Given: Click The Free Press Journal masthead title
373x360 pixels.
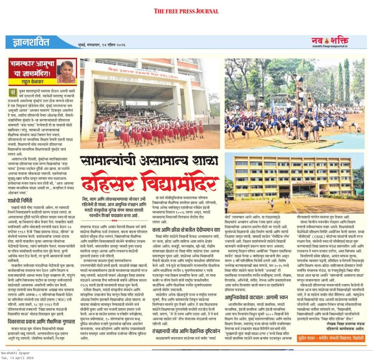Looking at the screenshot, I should (x=186, y=11).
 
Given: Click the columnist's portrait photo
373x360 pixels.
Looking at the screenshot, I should (x=66, y=72).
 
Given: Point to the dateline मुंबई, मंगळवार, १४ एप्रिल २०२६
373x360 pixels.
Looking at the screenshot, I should (x=103, y=44).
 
